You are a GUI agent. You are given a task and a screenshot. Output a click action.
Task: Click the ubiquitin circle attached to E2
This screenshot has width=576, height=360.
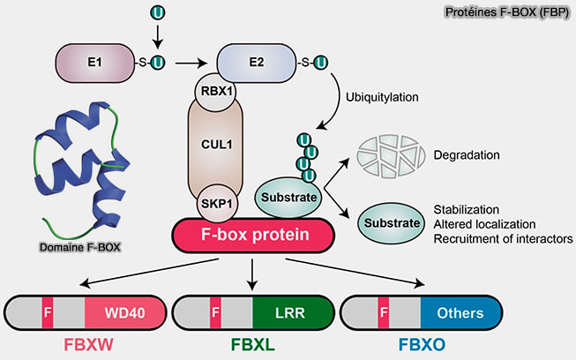coord(320,62)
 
